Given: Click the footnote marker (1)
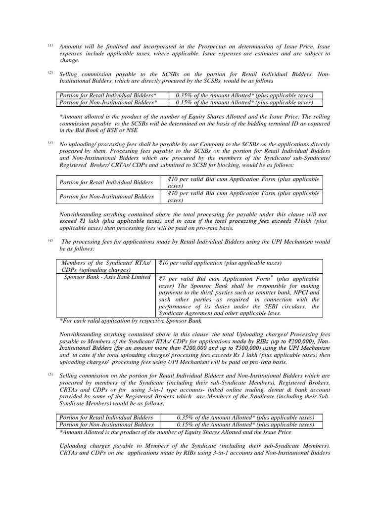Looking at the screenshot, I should [x=50, y=45].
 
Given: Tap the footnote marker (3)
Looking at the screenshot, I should [x=50, y=143].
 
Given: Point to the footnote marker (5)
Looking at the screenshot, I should [x=50, y=375].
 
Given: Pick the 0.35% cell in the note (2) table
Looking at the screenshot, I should [x=244, y=95].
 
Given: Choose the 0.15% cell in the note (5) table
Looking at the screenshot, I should [x=244, y=424].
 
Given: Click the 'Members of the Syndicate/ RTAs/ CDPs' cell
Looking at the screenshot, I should [x=105, y=266].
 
